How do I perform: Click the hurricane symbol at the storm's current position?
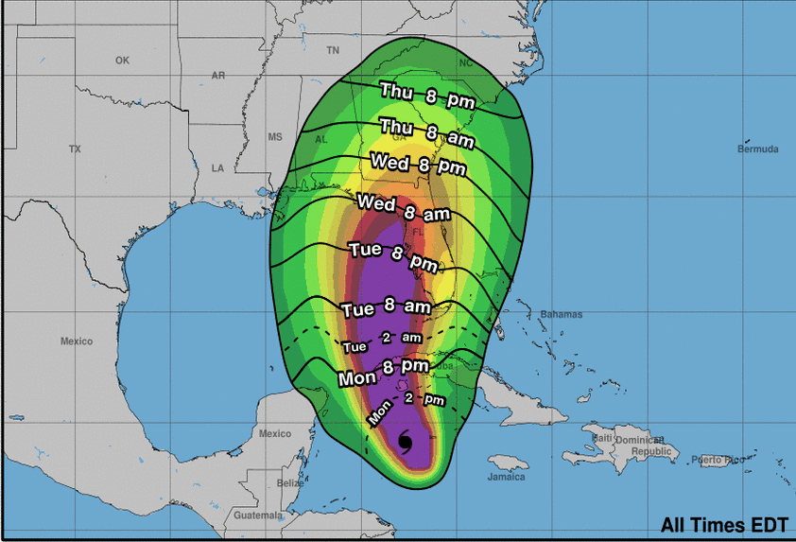[406, 442]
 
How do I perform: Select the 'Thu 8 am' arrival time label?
[426, 131]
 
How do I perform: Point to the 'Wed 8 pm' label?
[418, 164]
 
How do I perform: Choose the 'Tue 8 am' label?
[386, 307]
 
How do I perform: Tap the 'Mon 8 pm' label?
[384, 372]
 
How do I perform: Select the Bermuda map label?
[758, 149]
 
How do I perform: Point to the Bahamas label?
[562, 314]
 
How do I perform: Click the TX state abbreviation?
[76, 149]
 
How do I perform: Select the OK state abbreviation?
[122, 61]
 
